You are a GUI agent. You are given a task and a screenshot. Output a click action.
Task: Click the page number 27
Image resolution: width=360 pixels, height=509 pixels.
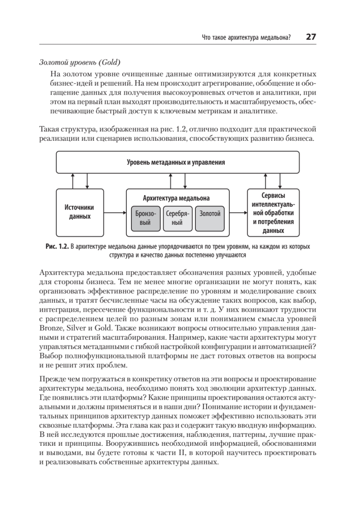310,37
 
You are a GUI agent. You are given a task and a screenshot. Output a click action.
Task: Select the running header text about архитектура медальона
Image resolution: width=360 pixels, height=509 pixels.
246,38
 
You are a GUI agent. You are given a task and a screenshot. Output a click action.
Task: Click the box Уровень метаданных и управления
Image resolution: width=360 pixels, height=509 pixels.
176,162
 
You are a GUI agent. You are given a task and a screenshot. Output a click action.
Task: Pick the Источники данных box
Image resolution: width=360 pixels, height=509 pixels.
79,212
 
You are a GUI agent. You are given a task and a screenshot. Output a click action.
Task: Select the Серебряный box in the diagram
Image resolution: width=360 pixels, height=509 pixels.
177,218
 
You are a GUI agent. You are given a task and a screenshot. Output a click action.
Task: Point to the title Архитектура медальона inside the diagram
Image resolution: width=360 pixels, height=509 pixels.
176,198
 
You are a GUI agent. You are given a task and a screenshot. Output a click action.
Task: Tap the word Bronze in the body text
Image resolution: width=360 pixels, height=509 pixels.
51,328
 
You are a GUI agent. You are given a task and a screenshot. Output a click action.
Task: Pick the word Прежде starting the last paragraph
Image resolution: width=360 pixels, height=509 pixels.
52,378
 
